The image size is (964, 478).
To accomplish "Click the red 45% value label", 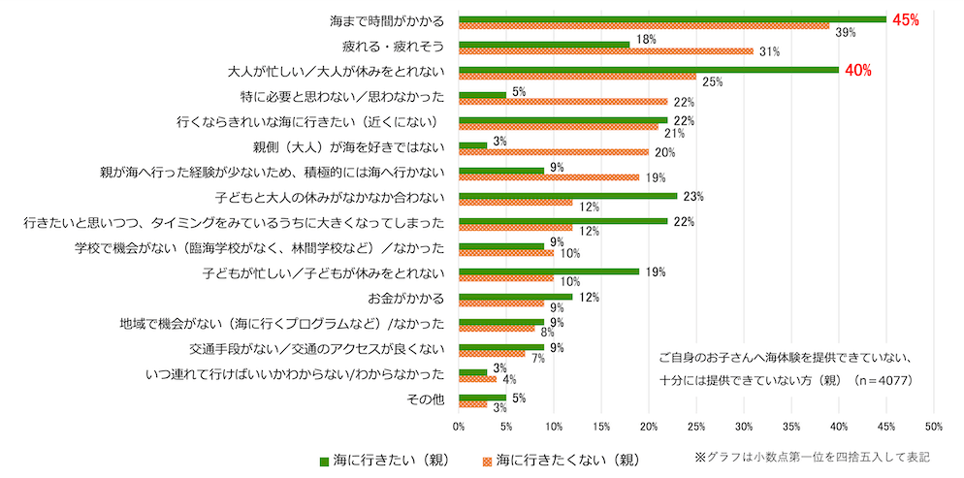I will click(906, 19).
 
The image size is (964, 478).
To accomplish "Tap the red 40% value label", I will click(858, 70).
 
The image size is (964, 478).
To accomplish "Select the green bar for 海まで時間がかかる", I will click(672, 19).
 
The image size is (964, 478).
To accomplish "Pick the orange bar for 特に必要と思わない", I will click(562, 102).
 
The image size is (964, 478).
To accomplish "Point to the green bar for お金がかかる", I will click(515, 297).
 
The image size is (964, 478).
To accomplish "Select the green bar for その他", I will click(482, 397).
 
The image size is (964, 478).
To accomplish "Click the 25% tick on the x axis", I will click(696, 425).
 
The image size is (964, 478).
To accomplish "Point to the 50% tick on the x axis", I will click(934, 425).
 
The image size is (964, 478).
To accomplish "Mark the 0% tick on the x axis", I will click(459, 425).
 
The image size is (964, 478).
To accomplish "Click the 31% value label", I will click(770, 51).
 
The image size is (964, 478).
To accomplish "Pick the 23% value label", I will click(693, 196).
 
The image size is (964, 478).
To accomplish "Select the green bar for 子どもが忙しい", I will click(549, 271).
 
